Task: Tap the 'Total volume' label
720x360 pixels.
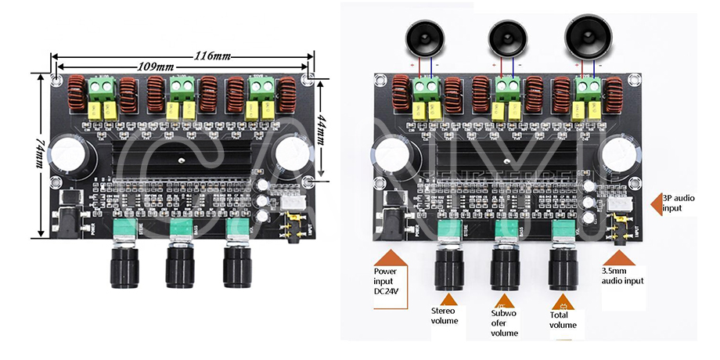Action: pyautogui.click(x=563, y=319)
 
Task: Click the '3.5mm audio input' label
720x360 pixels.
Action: pyautogui.click(x=623, y=275)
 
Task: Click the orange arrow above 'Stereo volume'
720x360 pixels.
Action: pyautogui.click(x=448, y=300)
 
